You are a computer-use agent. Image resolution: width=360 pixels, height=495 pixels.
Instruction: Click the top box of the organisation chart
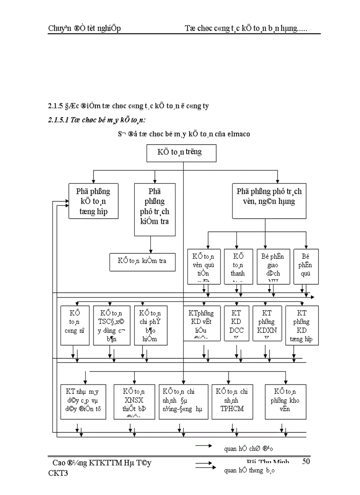click(181, 153)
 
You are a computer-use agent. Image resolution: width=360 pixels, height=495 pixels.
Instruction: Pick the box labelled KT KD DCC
click(237, 323)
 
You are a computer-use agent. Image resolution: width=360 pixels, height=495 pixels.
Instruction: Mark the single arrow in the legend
click(204, 446)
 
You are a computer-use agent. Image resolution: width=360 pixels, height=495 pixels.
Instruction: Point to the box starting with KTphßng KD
click(202, 323)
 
